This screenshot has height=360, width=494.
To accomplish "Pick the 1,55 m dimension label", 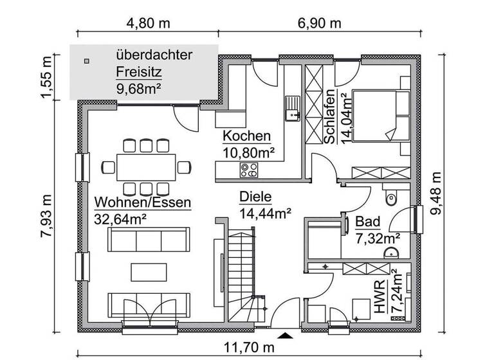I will point(46,78).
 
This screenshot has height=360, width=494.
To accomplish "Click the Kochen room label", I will point(246,136).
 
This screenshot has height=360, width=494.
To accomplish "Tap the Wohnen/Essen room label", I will point(142,203).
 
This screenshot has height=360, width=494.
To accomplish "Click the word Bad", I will point(367,222).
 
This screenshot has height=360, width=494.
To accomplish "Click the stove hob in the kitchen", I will point(249,170).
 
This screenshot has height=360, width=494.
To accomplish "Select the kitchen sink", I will point(292,108).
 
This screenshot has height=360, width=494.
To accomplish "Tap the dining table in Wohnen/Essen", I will point(146,166).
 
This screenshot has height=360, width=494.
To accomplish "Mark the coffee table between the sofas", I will point(148,271).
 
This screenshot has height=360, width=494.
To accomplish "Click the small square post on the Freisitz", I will point(86,62).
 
